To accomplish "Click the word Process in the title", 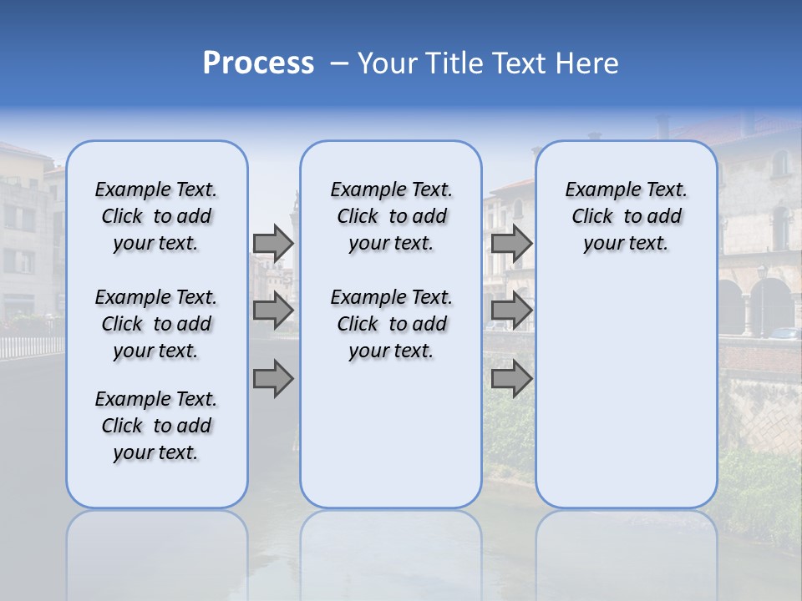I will (258, 63).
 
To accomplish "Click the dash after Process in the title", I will (339, 64).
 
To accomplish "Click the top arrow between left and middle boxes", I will (273, 243).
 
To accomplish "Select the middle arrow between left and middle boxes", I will (273, 311).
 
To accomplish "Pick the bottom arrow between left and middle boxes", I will (273, 379).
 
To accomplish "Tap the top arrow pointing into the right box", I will (511, 243).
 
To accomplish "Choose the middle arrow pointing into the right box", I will (511, 311).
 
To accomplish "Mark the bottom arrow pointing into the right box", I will (511, 379).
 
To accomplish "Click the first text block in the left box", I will (156, 216).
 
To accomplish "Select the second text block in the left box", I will (156, 324).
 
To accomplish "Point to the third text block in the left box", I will (156, 426).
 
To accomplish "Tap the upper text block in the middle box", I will (391, 216).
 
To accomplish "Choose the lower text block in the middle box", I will (391, 324).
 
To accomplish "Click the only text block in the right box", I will (626, 216).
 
